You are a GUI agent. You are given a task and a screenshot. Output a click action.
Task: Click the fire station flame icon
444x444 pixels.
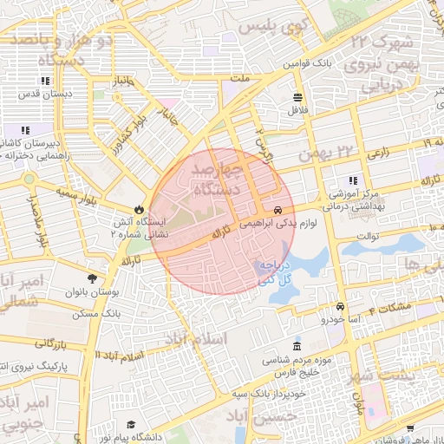click(140, 209)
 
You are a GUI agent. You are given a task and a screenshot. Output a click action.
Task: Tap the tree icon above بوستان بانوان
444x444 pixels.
click(92, 278)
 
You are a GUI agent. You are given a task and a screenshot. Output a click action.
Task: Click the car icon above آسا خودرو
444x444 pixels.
click(341, 307)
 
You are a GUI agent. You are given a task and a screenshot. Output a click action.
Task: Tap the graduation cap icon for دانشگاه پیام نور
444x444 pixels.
click(130, 425)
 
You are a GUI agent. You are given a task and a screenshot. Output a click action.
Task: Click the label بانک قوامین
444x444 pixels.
click(310, 63)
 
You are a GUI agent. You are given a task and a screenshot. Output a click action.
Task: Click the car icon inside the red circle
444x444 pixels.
click(277, 211)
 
